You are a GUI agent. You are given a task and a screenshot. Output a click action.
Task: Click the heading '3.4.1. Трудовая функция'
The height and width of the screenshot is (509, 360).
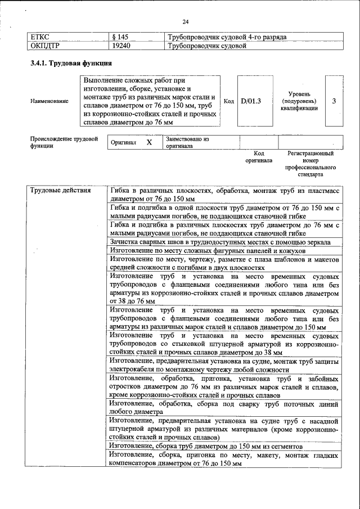(x=66, y=64)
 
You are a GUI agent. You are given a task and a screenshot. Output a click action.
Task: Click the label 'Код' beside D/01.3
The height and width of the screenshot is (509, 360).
(x=228, y=101)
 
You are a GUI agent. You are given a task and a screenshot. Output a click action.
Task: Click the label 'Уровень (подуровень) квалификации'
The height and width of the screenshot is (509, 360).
(x=299, y=101)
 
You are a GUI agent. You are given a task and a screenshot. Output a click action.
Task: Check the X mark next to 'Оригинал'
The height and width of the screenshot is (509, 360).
(x=149, y=142)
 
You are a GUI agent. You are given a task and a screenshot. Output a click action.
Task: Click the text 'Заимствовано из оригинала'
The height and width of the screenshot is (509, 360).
(x=187, y=142)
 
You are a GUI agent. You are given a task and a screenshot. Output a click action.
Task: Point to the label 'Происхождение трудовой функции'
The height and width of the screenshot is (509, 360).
(x=64, y=142)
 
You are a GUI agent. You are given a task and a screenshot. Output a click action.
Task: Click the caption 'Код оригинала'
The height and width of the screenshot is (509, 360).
(x=258, y=156)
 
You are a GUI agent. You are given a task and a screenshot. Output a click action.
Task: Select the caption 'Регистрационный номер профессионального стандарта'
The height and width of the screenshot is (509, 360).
(x=310, y=164)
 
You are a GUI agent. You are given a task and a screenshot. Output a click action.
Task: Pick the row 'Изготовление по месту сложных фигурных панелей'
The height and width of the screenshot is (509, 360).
(x=208, y=250)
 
